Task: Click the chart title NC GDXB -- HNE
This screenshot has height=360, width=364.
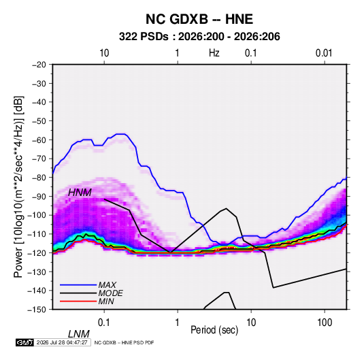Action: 199,19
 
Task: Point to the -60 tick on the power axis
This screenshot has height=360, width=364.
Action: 39,140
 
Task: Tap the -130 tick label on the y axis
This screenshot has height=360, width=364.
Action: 37,272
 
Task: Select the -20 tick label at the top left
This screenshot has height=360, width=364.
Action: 39,65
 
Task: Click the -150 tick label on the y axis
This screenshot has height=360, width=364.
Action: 37,310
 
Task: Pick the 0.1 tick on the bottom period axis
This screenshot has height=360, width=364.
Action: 104,323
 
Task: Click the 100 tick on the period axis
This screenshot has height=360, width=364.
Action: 325,323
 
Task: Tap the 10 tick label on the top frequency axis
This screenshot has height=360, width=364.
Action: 104,53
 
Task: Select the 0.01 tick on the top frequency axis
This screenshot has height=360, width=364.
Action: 324,53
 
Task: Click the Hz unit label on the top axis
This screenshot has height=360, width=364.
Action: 214,53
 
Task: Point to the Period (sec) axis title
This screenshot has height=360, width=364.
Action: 214,330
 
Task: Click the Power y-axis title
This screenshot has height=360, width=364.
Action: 18,186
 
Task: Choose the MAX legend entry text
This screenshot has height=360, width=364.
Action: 107,285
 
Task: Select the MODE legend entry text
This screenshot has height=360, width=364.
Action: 110,293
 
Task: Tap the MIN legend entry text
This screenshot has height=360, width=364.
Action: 106,301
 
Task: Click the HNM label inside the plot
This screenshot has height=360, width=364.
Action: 80,193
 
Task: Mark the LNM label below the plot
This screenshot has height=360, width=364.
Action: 78,334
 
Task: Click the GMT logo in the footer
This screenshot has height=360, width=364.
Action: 24,342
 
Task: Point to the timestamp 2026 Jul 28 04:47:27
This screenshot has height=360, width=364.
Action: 62,342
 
